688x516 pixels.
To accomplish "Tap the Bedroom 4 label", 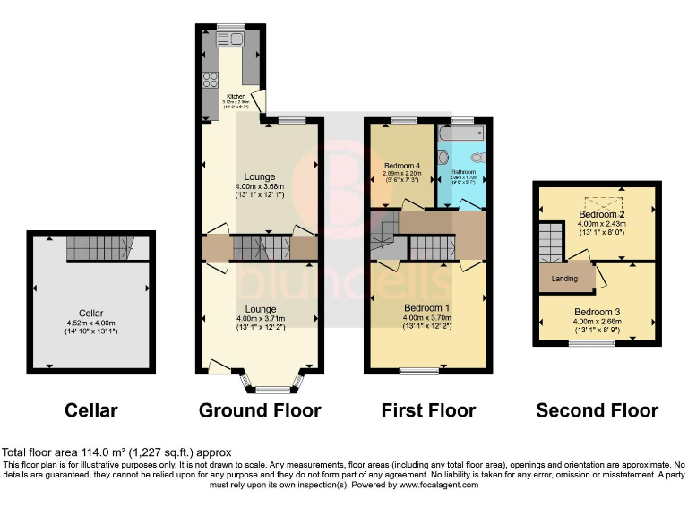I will click(402, 166).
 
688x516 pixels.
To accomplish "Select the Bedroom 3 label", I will click(597, 312).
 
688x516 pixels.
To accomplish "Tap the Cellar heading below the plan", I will click(91, 410).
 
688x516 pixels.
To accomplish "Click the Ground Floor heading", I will click(260, 410).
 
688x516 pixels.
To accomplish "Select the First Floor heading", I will click(428, 410).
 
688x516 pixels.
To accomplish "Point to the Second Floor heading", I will click(597, 410).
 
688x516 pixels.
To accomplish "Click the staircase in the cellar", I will click(99, 248).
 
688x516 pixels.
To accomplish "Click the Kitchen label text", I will click(236, 96).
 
